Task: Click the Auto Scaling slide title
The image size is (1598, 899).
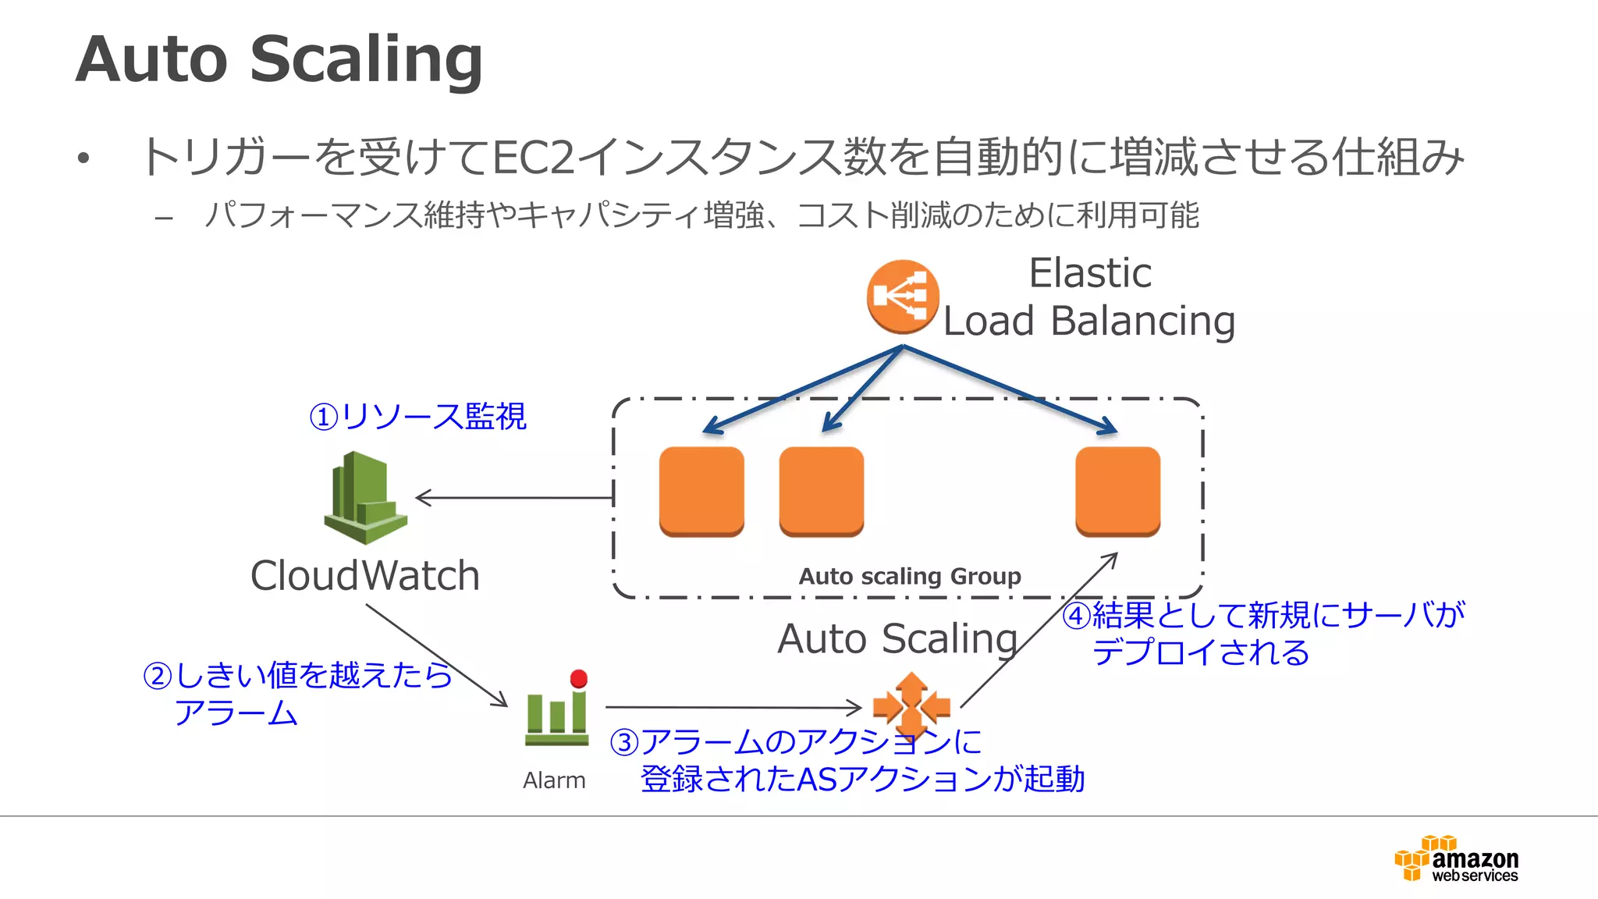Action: point(279,59)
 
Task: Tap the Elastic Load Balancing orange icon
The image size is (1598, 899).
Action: point(903,297)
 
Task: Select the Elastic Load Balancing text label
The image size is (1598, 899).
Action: point(1089,297)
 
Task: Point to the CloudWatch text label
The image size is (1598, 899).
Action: point(364,576)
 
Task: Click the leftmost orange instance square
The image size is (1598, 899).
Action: point(701,491)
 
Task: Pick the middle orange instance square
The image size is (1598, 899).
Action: point(822,491)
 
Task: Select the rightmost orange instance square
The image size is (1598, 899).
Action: point(1117,491)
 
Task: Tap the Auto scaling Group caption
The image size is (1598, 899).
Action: point(910,576)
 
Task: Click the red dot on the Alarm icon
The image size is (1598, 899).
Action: point(579,678)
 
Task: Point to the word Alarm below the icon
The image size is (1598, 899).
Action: point(554,780)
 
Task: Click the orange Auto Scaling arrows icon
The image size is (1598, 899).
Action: point(911,707)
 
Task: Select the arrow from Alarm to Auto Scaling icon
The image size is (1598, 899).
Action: point(733,707)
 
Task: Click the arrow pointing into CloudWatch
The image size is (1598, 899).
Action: point(515,497)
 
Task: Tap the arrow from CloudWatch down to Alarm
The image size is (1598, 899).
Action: point(437,656)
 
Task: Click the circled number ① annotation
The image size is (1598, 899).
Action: point(324,417)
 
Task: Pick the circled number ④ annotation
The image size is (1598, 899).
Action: point(1077,616)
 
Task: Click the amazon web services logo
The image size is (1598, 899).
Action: point(1457,859)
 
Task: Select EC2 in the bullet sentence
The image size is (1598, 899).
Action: point(534,157)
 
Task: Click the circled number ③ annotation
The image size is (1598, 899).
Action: point(624,742)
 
